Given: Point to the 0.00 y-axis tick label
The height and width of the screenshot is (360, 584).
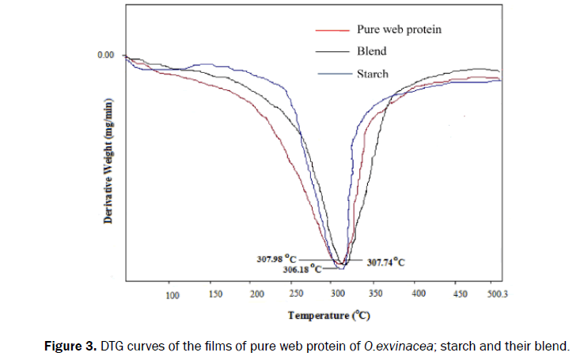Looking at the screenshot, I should point(105,55).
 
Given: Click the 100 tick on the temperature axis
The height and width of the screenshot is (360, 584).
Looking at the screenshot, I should point(173,296).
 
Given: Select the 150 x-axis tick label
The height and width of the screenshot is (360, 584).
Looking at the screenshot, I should point(214,296).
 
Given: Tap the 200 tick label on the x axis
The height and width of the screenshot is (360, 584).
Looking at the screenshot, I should point(256,296).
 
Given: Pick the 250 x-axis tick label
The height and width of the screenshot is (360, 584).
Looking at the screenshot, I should point(296,296).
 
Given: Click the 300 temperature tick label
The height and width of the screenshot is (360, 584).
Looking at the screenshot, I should point(337,296).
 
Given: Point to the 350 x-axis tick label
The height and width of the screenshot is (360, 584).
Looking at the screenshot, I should point(377,296).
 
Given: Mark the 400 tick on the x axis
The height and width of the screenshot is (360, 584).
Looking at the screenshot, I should point(419,296).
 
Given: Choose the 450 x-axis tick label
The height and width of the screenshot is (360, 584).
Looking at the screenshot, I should point(460,296).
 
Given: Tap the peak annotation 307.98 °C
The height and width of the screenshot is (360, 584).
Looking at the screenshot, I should point(276,258).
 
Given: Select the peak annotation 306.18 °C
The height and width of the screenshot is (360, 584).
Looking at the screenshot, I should point(303,269).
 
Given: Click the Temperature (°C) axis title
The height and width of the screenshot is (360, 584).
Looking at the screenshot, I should point(328,315).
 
